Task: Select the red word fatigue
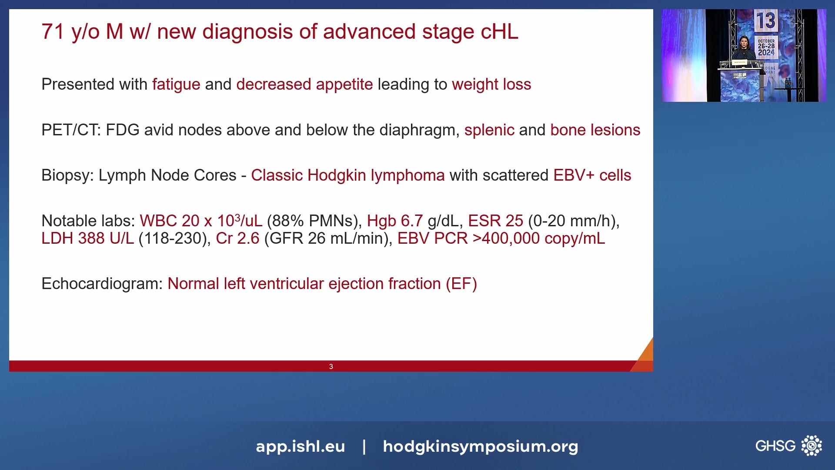pos(176,84)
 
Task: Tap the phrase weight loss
pos(491,84)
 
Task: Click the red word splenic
pos(489,130)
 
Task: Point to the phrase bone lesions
pos(595,130)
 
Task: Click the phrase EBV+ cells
pos(592,175)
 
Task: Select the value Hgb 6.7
pos(395,221)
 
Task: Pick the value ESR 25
pos(496,221)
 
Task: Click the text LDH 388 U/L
pos(88,238)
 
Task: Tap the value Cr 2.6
pos(237,238)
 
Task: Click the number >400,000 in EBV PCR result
pos(506,238)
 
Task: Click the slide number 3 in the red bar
pos(331,366)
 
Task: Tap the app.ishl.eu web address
pos(301,446)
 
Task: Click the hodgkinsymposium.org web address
pos(481,446)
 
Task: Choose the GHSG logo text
pos(775,446)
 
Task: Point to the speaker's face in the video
pos(744,43)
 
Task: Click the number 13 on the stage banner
pos(765,20)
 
